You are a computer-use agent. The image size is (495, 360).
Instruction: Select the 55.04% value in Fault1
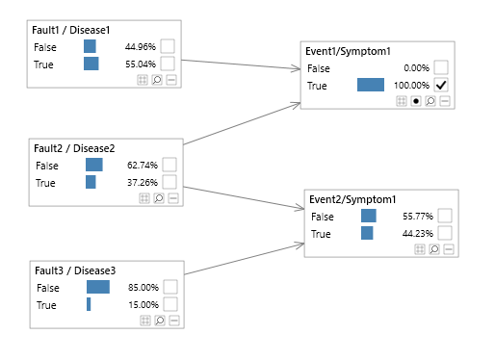click(140, 64)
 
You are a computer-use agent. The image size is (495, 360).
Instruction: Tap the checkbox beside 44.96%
click(168, 46)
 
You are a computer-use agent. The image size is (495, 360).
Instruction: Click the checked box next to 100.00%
click(441, 85)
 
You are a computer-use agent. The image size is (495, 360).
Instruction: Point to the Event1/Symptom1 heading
click(350, 51)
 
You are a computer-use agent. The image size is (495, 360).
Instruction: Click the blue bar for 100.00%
click(370, 85)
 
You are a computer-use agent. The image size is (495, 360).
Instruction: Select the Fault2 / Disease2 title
click(74, 148)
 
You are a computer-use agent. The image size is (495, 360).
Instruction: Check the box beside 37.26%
click(169, 182)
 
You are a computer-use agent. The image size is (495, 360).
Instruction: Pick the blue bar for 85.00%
click(98, 287)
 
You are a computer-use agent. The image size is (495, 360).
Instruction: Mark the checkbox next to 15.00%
click(169, 304)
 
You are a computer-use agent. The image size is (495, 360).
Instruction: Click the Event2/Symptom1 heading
click(353, 199)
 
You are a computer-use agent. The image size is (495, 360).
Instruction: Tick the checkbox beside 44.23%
click(445, 233)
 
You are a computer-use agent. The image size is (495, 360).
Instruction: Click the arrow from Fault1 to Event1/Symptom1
click(241, 64)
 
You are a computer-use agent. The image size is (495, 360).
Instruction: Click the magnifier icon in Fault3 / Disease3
click(159, 320)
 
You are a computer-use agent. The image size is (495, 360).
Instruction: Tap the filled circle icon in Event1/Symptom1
click(416, 100)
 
